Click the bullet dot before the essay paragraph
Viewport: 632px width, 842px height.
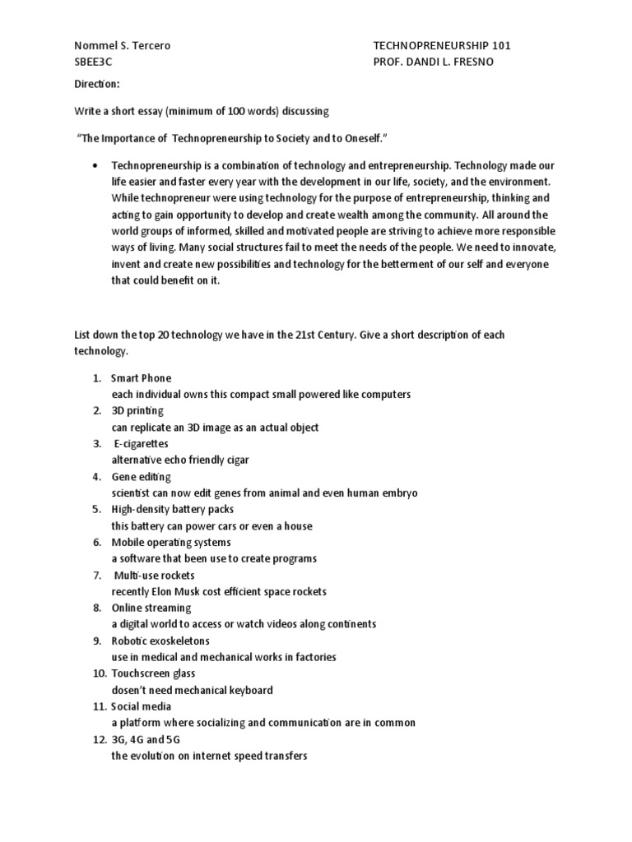(x=98, y=164)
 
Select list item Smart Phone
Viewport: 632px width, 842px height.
(x=142, y=378)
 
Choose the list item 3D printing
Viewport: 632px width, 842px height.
(x=137, y=411)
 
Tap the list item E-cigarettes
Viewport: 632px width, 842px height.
(x=142, y=444)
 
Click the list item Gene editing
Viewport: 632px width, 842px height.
(x=142, y=477)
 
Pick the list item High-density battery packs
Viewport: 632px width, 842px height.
(x=173, y=510)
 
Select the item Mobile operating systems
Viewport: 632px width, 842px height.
(x=171, y=543)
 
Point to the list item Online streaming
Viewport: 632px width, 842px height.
(x=151, y=608)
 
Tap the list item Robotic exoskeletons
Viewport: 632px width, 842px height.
(x=160, y=641)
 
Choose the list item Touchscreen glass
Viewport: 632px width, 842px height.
(x=153, y=673)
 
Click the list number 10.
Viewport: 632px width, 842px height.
(x=97, y=673)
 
